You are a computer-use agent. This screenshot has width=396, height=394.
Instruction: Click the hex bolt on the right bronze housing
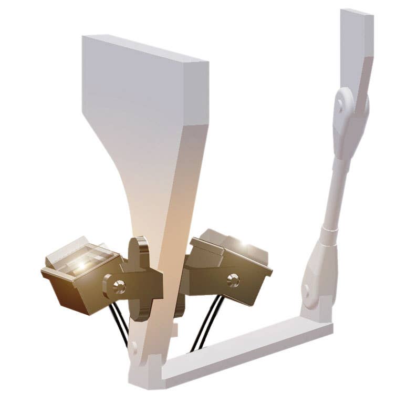[233, 281]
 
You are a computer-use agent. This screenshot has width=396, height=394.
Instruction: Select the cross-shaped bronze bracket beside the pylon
[140, 278]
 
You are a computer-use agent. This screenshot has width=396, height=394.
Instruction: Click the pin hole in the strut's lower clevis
[306, 290]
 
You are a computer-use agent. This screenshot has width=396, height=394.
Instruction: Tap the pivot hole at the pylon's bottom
[133, 347]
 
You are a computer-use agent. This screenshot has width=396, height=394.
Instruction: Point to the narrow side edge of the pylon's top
[197, 95]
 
